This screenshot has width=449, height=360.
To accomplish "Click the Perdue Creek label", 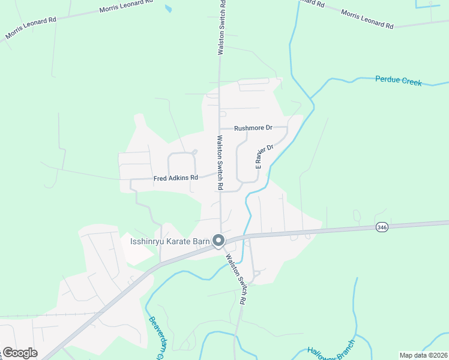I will pyautogui.click(x=398, y=80).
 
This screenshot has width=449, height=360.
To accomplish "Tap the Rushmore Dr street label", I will pyautogui.click(x=253, y=128).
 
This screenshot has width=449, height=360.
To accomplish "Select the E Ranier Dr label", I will pyautogui.click(x=265, y=156).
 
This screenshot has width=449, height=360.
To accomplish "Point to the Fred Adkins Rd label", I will pyautogui.click(x=175, y=178).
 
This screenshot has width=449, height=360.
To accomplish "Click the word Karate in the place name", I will pyautogui.click(x=179, y=242).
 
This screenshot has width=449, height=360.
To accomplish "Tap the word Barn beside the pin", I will pyautogui.click(x=201, y=242).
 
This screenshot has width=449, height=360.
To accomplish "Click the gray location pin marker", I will pyautogui.click(x=218, y=241).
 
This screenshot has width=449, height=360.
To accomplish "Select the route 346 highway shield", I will pyautogui.click(x=381, y=227).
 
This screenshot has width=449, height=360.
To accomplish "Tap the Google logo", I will pyautogui.click(x=20, y=353).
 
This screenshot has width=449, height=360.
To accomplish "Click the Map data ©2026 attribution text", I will pyautogui.click(x=423, y=355).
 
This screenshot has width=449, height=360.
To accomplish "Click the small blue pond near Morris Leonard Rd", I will pyautogui.click(x=169, y=10).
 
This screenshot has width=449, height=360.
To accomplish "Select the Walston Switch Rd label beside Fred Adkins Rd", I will pyautogui.click(x=220, y=163).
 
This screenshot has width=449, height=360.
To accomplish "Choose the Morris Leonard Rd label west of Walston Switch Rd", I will pyautogui.click(x=30, y=28).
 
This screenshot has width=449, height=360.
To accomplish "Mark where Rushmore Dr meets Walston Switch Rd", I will pyautogui.click(x=220, y=128).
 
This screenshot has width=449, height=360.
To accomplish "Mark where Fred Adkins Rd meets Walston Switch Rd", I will pyautogui.click(x=218, y=174).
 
